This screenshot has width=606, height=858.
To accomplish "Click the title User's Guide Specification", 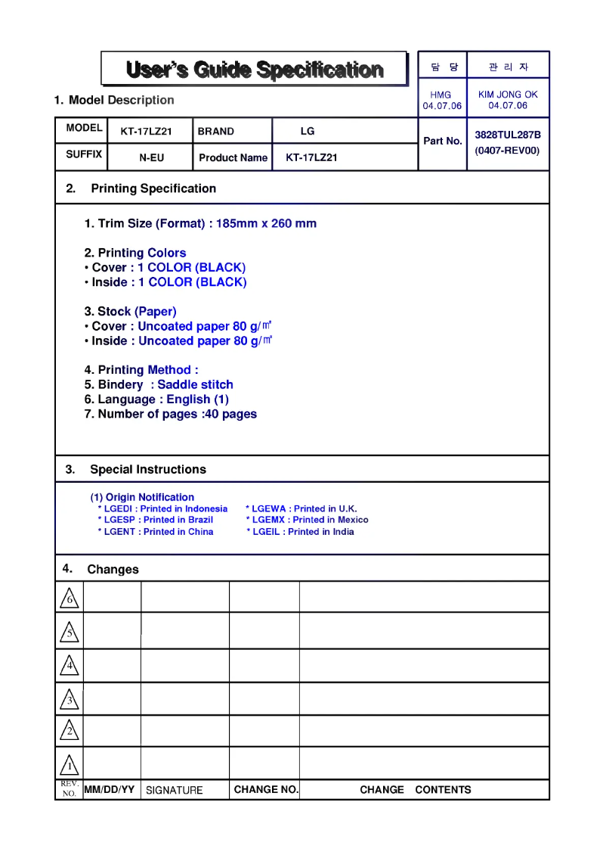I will click(x=255, y=70).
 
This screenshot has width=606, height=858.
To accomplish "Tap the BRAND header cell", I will click(x=216, y=132).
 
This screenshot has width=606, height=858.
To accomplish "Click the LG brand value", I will click(x=308, y=132).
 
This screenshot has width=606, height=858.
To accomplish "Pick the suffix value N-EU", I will click(x=151, y=158).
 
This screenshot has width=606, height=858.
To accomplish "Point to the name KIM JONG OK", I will click(x=508, y=95).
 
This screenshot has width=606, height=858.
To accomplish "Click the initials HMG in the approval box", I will click(x=441, y=95).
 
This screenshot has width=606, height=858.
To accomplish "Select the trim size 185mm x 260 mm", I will click(x=266, y=224).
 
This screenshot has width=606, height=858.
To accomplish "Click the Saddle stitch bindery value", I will click(x=195, y=385).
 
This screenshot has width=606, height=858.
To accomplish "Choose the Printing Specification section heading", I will click(x=153, y=188).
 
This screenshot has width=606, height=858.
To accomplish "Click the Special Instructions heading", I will click(x=147, y=470).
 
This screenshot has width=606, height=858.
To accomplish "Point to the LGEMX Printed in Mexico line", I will click(x=308, y=521).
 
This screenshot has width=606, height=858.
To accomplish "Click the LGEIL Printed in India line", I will click(x=300, y=532).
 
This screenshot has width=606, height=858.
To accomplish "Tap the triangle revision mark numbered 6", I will click(x=69, y=599).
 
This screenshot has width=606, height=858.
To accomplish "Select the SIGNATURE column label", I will click(x=175, y=791).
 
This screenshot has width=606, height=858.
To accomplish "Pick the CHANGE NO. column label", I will click(x=266, y=790).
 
